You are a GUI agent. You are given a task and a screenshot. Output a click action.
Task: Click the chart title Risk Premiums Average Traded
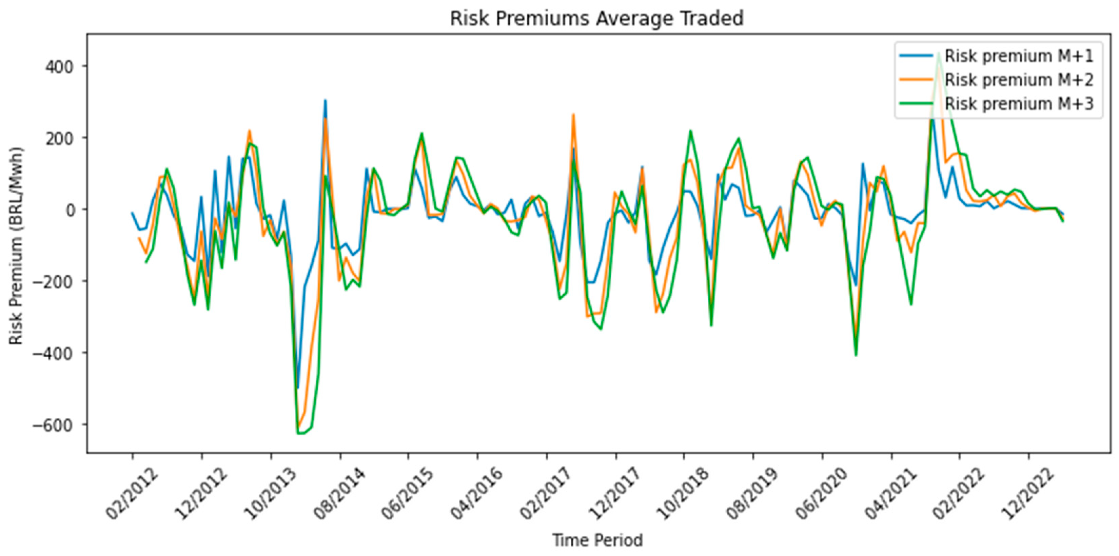[x=597, y=19]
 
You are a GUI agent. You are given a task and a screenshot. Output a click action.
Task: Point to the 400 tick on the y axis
[x=60, y=66]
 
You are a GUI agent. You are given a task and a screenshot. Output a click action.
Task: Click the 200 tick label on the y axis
[x=60, y=138]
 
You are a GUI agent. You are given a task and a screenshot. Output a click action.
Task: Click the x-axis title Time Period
[x=597, y=540]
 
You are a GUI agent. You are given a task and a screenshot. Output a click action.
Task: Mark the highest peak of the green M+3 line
[x=939, y=54]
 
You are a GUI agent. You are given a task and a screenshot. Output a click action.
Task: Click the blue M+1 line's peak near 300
[x=325, y=101]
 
